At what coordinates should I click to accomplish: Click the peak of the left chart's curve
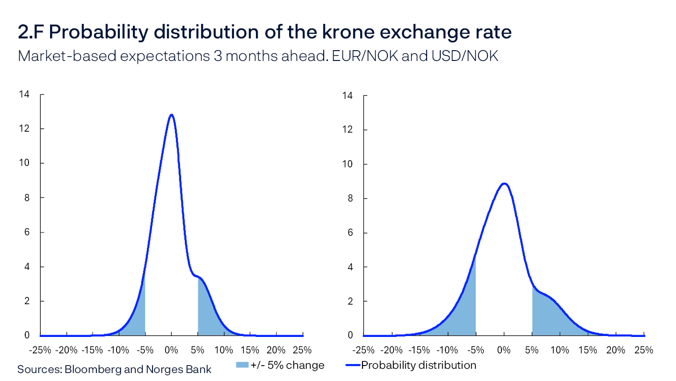click(172, 115)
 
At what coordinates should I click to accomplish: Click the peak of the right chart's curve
click(504, 183)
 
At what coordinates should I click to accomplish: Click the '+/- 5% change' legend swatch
click(242, 365)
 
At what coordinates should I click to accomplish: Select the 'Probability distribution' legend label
click(419, 365)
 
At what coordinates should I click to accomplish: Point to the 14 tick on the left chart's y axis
click(24, 95)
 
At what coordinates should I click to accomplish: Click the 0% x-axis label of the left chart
click(172, 350)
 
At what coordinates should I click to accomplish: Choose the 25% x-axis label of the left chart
click(302, 350)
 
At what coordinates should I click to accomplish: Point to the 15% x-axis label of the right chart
click(588, 350)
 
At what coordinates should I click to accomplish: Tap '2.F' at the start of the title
click(31, 32)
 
